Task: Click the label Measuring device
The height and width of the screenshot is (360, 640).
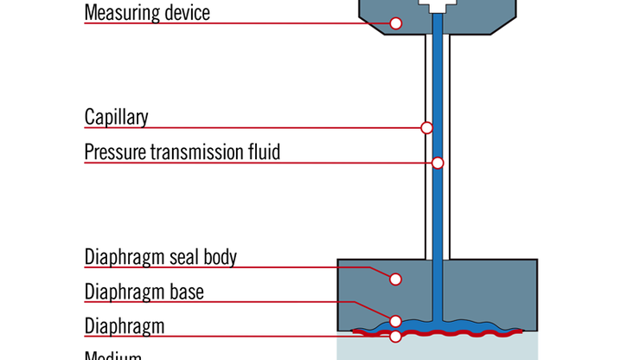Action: (147, 13)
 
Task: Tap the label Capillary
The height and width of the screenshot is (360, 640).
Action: (116, 117)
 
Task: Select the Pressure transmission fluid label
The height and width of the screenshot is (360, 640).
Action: (182, 152)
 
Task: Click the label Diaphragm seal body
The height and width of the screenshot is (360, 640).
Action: (161, 257)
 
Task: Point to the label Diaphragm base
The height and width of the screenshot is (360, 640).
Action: (144, 292)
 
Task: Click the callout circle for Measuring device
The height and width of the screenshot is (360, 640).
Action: (395, 23)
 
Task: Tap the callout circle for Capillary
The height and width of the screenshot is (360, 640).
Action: (426, 128)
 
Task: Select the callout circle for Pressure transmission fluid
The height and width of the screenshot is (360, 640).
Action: (438, 163)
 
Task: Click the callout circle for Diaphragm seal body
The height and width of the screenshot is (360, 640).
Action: (395, 279)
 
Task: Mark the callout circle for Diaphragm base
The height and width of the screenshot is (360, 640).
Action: (395, 321)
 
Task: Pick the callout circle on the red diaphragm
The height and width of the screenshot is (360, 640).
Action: (395, 336)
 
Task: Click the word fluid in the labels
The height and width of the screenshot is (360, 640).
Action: (263, 152)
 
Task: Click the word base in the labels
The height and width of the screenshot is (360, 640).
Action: (185, 292)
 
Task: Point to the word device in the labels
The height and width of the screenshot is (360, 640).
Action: (186, 13)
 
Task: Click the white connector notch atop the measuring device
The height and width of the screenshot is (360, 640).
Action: (437, 5)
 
